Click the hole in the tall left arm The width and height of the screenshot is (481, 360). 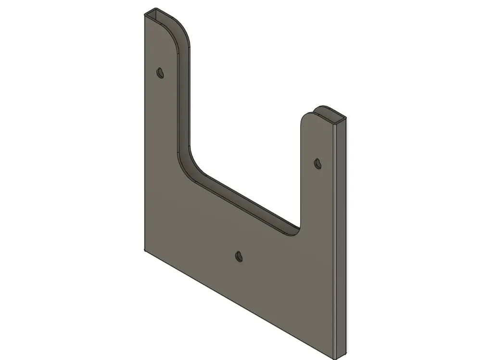coord(161,73)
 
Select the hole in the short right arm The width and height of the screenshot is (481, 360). coord(317,163)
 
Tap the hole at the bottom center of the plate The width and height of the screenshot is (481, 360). coord(239,256)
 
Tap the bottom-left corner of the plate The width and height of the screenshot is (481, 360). coord(144,250)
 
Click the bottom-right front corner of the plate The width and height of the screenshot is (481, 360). coord(335,357)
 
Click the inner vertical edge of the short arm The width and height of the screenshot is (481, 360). coord(301,173)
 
